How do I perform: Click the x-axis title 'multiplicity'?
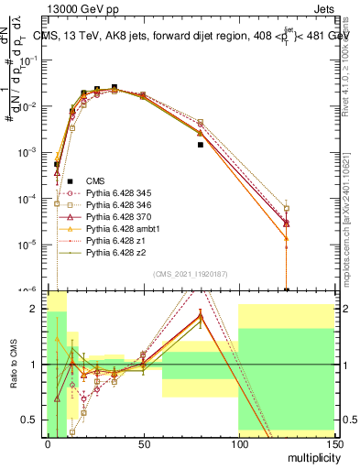coord(311,455)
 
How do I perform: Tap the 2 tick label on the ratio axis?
coord(38,309)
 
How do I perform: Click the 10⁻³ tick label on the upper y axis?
coord(30,153)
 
